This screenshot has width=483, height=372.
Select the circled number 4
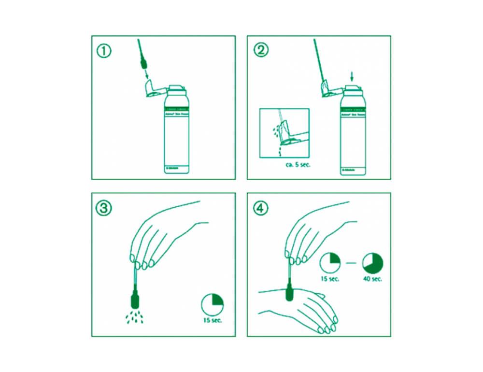click(x=260, y=208)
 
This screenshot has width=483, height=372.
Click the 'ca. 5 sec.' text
click(x=298, y=165)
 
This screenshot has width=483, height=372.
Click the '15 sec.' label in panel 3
click(x=213, y=320)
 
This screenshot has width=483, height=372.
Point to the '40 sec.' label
click(x=373, y=279)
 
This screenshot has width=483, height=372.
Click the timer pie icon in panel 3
click(x=213, y=303)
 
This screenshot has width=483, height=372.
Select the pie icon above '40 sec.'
click(x=372, y=262)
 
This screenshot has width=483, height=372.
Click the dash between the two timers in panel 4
click(x=352, y=263)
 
